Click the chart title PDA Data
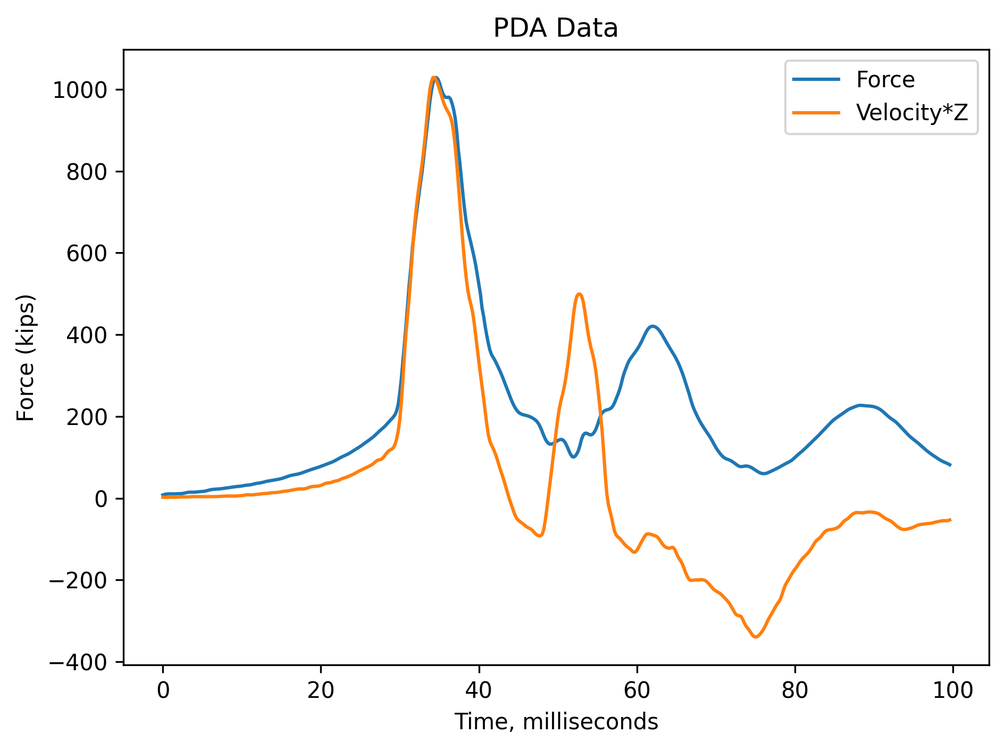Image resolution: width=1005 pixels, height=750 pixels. [x=556, y=29]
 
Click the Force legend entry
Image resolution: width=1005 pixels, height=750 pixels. [x=885, y=80]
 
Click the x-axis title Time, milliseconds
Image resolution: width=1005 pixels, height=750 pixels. [x=556, y=722]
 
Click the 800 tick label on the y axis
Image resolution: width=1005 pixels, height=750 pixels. [x=85, y=172]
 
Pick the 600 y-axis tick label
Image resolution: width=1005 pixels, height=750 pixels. [x=85, y=254]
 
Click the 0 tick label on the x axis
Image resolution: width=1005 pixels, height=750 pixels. [x=163, y=690]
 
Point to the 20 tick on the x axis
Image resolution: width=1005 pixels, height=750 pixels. [x=321, y=690]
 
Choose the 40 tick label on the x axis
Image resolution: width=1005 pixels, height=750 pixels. [x=479, y=690]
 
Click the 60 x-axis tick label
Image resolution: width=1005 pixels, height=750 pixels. [x=636, y=690]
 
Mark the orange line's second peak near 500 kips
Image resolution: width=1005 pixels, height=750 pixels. [x=579, y=294]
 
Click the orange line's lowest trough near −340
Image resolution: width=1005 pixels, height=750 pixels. [x=756, y=637]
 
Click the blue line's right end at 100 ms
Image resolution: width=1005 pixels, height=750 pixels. [x=950, y=465]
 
